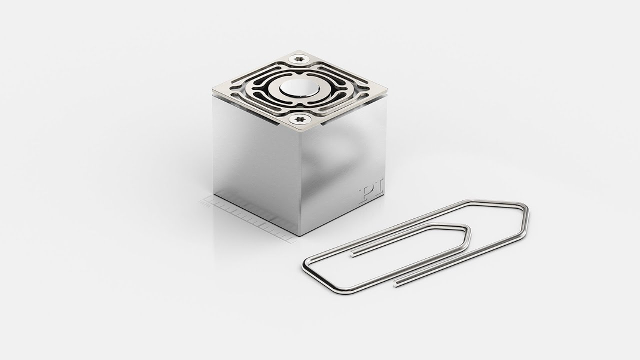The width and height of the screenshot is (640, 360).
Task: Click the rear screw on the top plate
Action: tap(300, 59)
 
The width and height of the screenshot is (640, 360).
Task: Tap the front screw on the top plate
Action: tap(300, 119)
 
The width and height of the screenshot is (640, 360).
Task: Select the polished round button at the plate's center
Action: tap(301, 88)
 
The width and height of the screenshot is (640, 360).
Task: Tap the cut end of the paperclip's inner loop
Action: tap(352, 254)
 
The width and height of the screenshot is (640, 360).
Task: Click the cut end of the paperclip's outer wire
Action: tap(395, 283)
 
